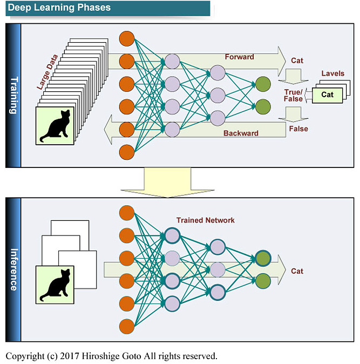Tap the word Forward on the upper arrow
tap(239, 57)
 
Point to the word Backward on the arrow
tap(240, 133)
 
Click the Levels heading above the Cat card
tap(332, 73)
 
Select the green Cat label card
tap(328, 95)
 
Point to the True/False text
tap(294, 95)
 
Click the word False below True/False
tap(298, 129)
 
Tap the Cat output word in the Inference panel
tap(297, 271)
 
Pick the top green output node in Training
tap(263, 84)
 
